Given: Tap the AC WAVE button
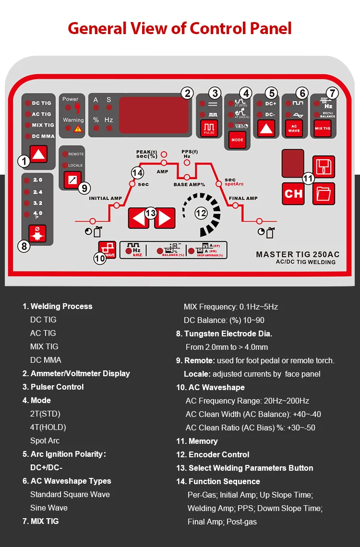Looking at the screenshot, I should click(294, 128).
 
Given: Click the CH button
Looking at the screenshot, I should click(293, 194).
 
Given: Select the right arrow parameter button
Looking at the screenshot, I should click(164, 218).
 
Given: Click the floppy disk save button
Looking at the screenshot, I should click(324, 167).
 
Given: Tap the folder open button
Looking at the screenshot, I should click(324, 194).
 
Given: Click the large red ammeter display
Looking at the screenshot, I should click(155, 115).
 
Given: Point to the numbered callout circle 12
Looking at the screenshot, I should click(201, 212).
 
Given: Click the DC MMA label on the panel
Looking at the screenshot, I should click(43, 136).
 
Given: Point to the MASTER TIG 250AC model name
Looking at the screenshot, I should click(298, 254).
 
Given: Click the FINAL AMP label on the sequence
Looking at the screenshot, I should click(243, 198).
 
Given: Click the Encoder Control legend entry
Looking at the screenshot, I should click(219, 454).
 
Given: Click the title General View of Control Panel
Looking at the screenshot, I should click(180, 28).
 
